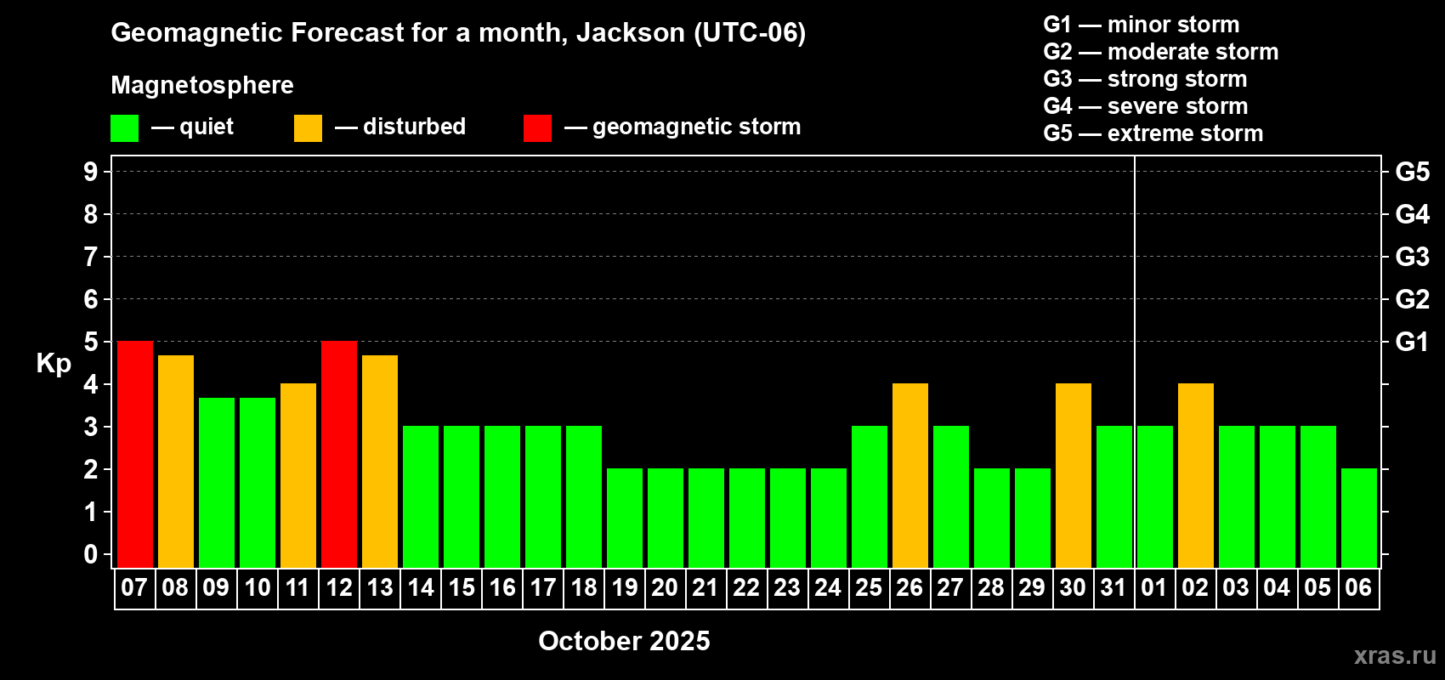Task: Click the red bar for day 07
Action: (x=135, y=454)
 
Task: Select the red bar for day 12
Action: (x=339, y=454)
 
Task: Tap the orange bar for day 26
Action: (x=910, y=475)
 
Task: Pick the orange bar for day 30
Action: (x=1074, y=475)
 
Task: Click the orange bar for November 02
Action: (x=1196, y=475)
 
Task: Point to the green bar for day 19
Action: (x=625, y=518)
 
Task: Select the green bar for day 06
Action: (x=1359, y=518)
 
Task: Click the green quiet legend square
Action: (x=124, y=127)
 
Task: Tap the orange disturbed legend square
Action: (x=308, y=127)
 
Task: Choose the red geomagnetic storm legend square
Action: (x=537, y=127)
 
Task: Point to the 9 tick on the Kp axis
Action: (x=90, y=172)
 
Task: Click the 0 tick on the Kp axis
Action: (x=90, y=554)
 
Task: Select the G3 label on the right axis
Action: (x=1413, y=257)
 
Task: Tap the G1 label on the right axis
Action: (x=1413, y=342)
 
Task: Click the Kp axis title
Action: (x=54, y=364)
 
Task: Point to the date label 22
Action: (x=746, y=587)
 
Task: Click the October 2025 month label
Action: (x=624, y=641)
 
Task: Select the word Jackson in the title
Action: (x=630, y=33)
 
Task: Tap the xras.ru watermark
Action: (x=1395, y=655)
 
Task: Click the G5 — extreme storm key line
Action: (x=1153, y=133)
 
